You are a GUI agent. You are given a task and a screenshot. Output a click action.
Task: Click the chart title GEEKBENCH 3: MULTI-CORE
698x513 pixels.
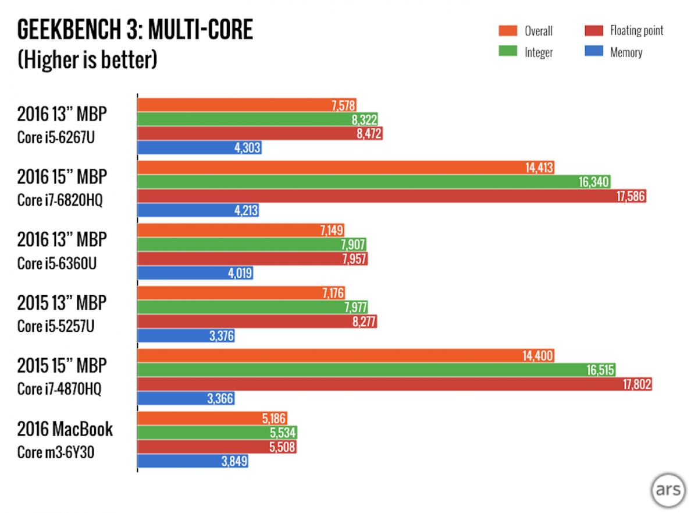coord(135,30)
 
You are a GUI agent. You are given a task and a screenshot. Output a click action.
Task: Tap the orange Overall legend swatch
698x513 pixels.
coord(508,31)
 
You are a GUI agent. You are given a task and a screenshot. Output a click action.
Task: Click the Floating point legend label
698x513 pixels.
coord(636,31)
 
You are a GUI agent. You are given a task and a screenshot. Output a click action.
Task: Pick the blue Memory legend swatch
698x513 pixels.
coord(593,52)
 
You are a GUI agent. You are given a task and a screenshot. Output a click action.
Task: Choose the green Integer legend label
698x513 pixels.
coord(539,52)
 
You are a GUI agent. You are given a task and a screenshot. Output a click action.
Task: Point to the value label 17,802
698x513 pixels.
coord(635,384)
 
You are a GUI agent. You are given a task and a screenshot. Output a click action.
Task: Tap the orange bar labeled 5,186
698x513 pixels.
coord(212,419)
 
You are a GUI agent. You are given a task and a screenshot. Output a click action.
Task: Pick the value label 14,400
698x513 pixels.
coord(538,356)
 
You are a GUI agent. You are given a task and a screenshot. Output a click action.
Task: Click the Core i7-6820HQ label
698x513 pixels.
coord(59,201)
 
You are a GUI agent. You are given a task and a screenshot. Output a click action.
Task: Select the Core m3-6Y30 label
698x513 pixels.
coord(55,452)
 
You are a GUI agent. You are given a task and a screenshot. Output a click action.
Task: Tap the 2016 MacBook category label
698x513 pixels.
coord(65,430)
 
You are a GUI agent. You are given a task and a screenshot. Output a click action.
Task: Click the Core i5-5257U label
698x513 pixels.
coord(56,326)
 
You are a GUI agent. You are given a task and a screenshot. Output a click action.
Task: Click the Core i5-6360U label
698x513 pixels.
coord(56,264)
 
